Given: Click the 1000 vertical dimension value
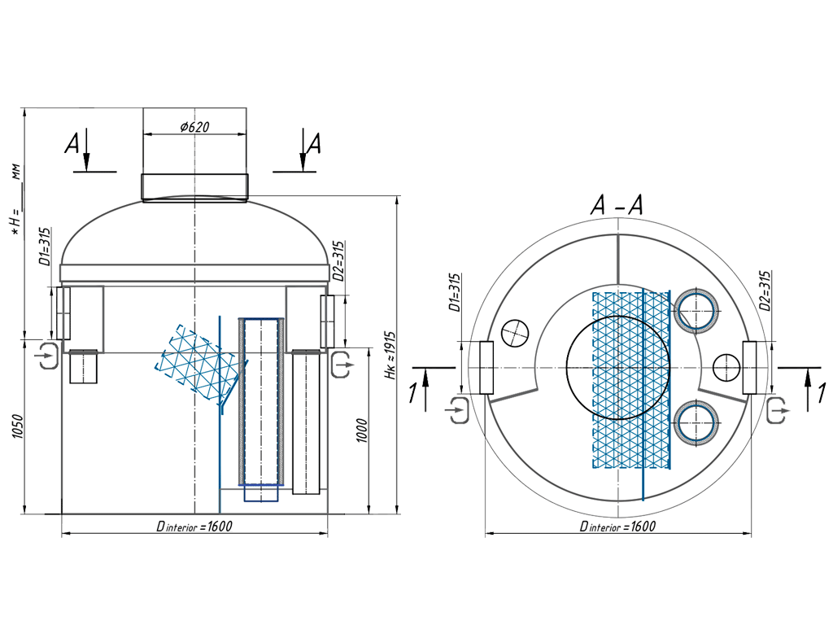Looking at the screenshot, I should pyautogui.click(x=362, y=431).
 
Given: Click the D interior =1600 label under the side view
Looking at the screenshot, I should pyautogui.click(x=194, y=527).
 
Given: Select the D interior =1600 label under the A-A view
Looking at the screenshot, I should pyautogui.click(x=617, y=527).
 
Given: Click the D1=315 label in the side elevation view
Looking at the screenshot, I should pyautogui.click(x=46, y=247).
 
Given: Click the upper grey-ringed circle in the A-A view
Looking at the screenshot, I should pyautogui.click(x=697, y=310).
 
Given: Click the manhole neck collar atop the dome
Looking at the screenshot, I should pyautogui.click(x=194, y=187).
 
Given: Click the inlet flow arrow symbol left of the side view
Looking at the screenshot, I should pyautogui.click(x=46, y=356).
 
